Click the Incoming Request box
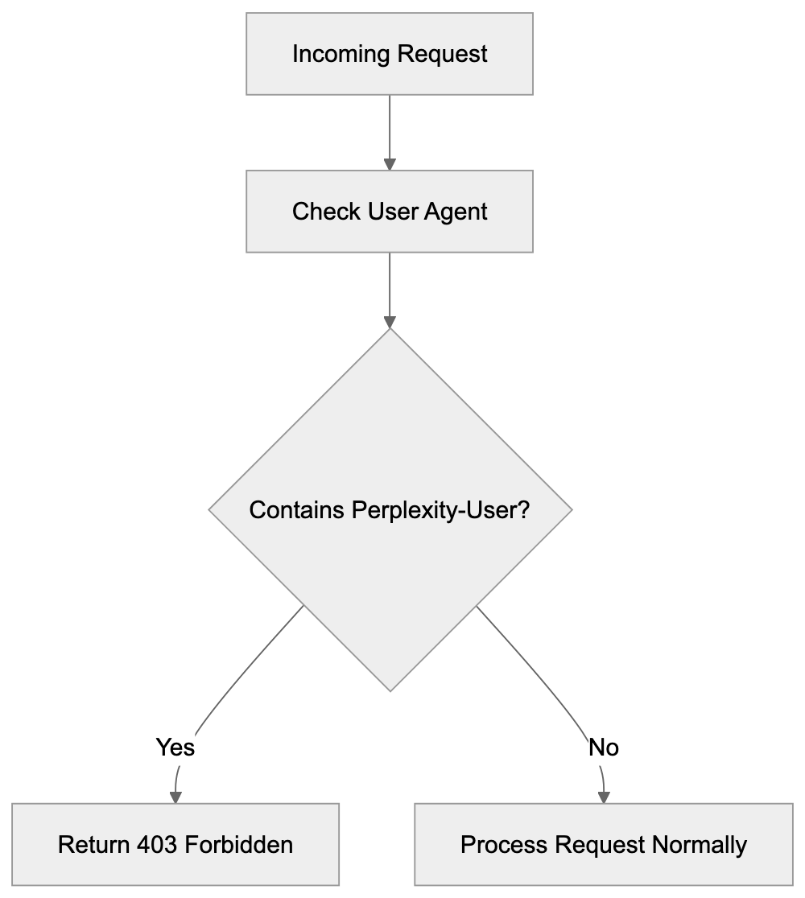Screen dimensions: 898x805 390,54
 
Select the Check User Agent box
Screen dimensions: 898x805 390,211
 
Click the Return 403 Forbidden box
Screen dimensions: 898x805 175,844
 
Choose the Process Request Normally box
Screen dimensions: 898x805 603,844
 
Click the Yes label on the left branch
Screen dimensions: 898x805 175,748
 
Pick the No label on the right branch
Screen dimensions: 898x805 604,748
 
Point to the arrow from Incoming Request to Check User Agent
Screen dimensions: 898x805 390,129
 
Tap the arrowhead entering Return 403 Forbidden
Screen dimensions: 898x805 175,796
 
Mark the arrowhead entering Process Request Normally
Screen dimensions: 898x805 604,796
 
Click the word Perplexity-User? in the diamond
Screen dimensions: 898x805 441,510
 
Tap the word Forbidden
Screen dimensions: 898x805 239,845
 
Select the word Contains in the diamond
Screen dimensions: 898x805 298,510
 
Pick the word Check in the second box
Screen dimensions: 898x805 327,212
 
